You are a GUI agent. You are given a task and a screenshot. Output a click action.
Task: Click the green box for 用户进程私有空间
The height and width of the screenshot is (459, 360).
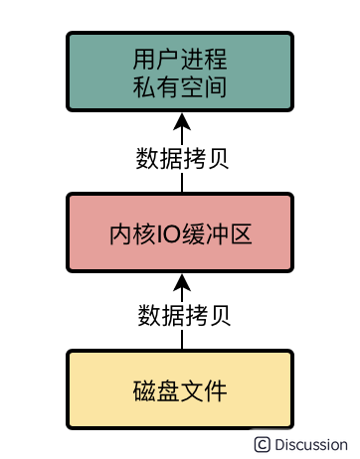180,72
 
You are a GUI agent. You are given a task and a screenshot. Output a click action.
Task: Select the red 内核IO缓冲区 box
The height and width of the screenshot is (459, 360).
180,233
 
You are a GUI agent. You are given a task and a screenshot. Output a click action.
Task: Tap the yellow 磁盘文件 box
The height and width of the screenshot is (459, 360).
180,389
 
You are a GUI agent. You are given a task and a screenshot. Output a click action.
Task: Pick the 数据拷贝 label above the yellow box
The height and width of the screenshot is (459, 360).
181,315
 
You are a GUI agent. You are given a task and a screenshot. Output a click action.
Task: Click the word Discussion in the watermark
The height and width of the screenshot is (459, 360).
311,444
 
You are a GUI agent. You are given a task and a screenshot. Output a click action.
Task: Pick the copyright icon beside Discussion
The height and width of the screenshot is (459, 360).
263,444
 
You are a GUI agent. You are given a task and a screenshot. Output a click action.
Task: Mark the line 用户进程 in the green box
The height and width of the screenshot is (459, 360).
180,57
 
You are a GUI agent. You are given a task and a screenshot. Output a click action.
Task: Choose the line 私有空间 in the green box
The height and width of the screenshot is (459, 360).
180,87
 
